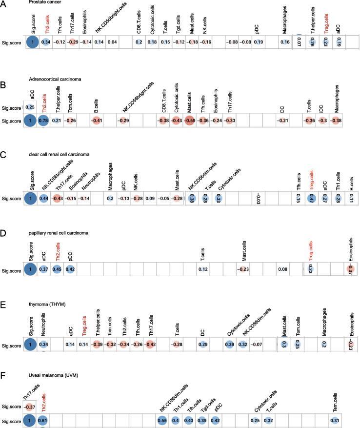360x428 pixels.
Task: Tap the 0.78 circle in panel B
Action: click(43, 121)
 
